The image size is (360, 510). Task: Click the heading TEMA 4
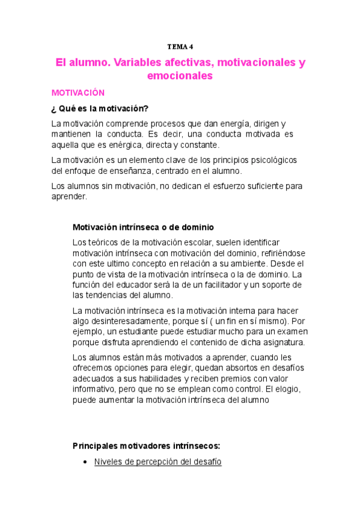[x=180, y=46]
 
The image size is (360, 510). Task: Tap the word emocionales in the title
[x=180, y=76]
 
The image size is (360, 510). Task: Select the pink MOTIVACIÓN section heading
[x=78, y=93]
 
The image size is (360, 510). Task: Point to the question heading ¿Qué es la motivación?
[x=100, y=108]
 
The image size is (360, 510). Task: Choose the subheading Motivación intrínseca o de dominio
[x=143, y=227]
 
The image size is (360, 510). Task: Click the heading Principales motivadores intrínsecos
[x=147, y=446]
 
